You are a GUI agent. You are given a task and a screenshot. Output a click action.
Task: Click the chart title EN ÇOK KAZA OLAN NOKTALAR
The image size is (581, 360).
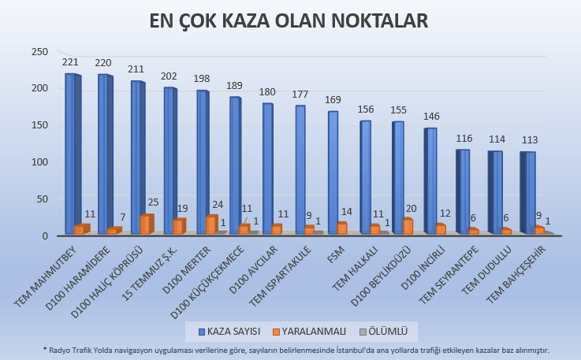tap(290, 21)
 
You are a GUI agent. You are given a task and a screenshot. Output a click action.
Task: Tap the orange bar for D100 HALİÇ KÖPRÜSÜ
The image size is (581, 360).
tap(146, 225)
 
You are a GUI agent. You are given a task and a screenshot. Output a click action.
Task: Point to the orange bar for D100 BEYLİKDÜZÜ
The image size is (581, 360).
tap(408, 226)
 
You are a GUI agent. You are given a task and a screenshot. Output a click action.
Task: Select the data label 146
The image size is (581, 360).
tap(430, 117)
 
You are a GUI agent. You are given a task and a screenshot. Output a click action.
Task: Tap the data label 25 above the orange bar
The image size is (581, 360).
tap(152, 203)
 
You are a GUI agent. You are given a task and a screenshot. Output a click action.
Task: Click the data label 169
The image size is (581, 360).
tap(333, 100)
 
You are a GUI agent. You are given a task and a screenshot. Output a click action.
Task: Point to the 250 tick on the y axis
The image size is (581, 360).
tap(39, 52)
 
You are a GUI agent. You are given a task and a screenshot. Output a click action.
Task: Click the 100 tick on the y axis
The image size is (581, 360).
tap(39, 161)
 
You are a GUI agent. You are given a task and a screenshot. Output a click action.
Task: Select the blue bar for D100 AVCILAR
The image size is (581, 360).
tap(268, 169)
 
